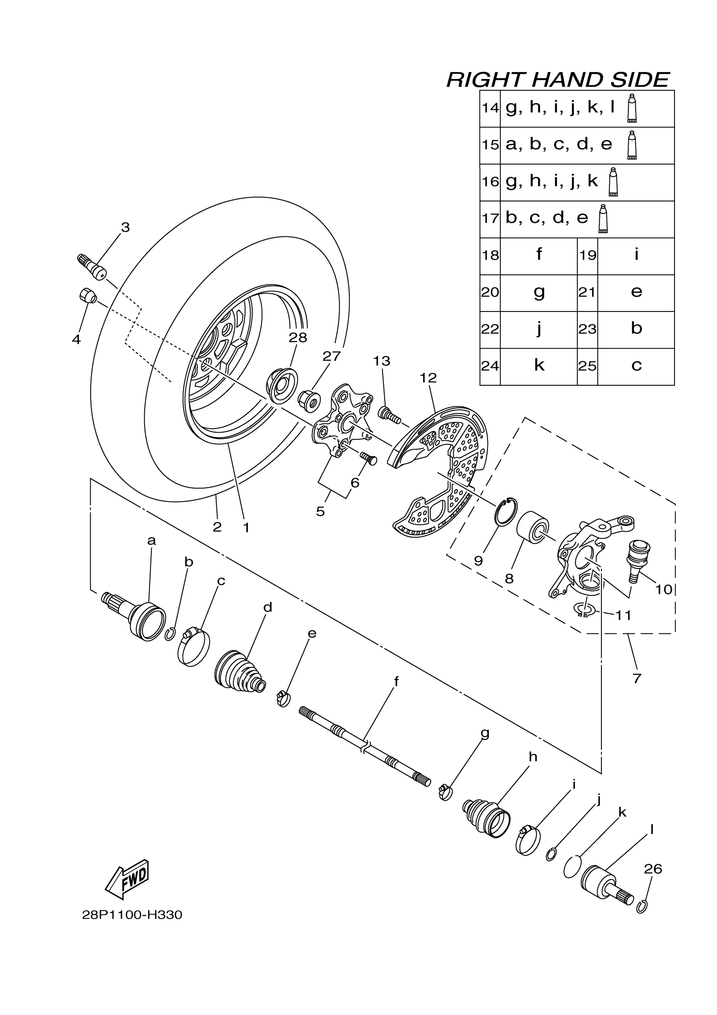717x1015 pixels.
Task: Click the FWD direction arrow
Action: coord(127,879)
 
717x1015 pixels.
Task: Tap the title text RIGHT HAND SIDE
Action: coord(558,80)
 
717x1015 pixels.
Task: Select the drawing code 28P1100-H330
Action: coord(132,915)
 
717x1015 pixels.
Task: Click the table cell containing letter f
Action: coord(539,256)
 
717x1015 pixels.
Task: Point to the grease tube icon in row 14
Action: coord(632,108)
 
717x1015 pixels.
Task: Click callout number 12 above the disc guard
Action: coord(428,378)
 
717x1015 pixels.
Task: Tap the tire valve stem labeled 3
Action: coord(92,267)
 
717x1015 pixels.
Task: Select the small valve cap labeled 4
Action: coord(87,295)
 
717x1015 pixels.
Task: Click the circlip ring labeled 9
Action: coord(506,512)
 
